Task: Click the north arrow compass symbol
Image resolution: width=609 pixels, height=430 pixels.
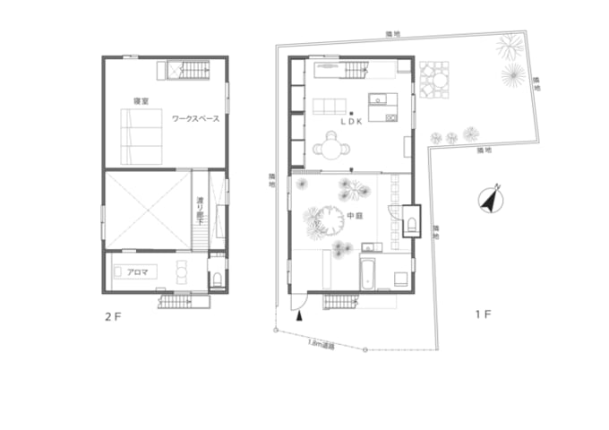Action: (x=490, y=199)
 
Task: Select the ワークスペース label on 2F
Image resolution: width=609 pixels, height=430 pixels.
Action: (x=195, y=118)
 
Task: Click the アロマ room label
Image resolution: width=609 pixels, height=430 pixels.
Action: (x=137, y=270)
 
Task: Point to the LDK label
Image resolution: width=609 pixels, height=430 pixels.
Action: (x=350, y=123)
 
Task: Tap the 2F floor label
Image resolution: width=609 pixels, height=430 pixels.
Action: (x=112, y=316)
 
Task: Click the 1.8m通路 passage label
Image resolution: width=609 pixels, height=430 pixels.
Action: (x=320, y=343)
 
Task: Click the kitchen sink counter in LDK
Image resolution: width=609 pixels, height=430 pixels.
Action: (x=382, y=99)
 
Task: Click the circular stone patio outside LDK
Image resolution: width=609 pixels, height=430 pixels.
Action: (x=436, y=78)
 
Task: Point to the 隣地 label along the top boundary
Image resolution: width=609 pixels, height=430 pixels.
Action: (x=392, y=34)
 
